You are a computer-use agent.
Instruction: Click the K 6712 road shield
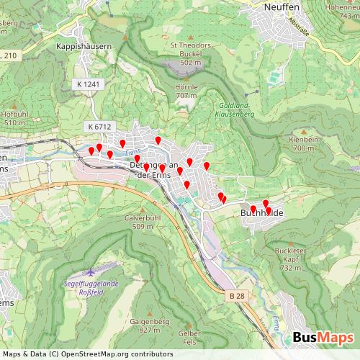[99, 126]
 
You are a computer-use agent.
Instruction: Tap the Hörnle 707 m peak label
[186, 91]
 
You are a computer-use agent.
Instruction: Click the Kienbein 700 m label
[302, 144]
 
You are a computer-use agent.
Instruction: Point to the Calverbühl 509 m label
[142, 221]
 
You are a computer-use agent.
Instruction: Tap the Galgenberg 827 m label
[150, 325]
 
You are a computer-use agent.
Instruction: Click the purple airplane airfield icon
[91, 273]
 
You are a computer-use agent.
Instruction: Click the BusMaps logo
[323, 338]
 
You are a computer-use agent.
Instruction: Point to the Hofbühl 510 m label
[14, 118]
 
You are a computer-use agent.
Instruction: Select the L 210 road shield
[9, 55]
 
